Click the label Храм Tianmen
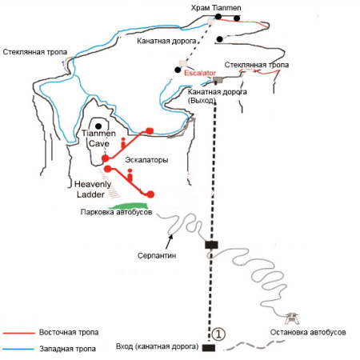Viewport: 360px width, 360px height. coord(216,8)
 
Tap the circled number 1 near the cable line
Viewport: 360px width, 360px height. coord(218,334)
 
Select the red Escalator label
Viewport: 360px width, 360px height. coord(200,73)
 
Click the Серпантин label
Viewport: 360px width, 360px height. coord(157,255)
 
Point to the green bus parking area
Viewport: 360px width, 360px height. coord(128,206)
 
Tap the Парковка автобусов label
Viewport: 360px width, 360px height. coord(116,212)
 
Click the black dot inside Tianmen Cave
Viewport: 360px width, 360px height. coord(98,126)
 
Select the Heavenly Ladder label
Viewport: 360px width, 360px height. coord(92,190)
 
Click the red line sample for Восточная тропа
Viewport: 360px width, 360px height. coord(19,333)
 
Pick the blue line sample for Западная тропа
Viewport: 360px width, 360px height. coord(18,349)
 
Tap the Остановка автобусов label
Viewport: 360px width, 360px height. coord(308,332)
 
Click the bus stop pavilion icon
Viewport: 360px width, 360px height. coord(292,318)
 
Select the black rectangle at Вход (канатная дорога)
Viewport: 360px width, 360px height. coord(209,348)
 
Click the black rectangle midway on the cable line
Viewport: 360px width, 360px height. coord(211,245)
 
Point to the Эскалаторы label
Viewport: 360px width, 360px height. coord(146,160)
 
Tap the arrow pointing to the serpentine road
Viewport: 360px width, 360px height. coord(169,242)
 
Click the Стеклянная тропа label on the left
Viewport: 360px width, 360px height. coord(35,52)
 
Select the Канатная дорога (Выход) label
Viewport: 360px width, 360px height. coord(217,96)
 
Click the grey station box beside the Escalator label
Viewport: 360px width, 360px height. coord(218,80)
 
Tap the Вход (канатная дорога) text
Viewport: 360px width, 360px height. coord(158,346)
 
